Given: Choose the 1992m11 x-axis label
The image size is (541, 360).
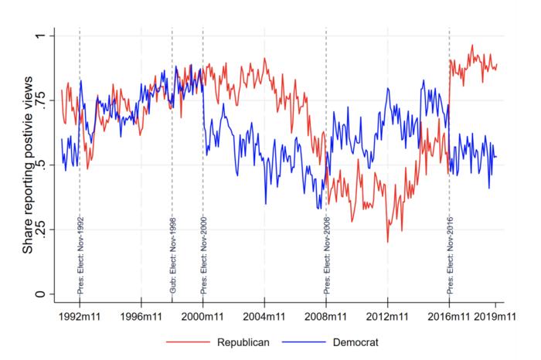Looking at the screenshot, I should [79, 315].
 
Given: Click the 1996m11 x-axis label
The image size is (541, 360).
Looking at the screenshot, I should [141, 315].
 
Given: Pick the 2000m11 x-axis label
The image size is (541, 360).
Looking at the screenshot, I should [202, 315].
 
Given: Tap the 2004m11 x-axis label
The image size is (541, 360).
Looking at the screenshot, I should [264, 315].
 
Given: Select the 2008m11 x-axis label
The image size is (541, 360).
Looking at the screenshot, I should [326, 315].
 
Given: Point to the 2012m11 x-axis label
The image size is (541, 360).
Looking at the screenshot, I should [388, 315].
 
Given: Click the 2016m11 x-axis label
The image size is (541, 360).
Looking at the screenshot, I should [450, 315].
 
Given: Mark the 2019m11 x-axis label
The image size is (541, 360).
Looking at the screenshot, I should [495, 315].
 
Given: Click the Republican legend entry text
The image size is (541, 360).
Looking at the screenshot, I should [242, 341].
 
